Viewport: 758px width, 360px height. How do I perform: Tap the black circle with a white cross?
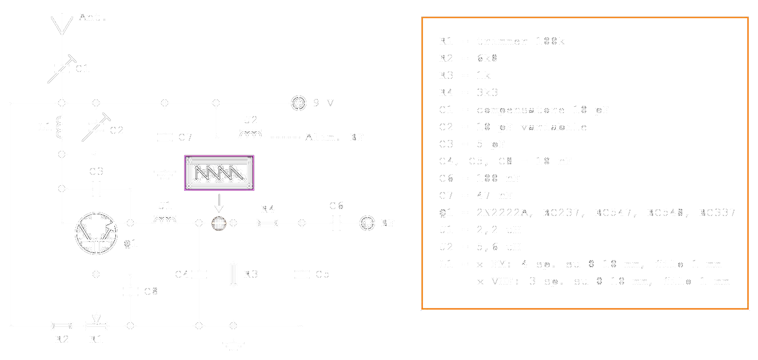(218, 223)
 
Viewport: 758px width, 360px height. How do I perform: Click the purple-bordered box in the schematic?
(219, 173)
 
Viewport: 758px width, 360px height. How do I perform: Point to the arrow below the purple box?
(218, 203)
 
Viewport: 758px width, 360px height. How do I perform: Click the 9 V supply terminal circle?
(298, 103)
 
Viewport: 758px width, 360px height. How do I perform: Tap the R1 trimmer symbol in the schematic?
(95, 325)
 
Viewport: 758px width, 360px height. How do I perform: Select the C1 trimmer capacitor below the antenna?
(61, 69)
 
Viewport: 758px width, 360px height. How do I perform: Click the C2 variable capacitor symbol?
(95, 128)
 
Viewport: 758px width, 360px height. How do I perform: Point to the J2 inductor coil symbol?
(250, 135)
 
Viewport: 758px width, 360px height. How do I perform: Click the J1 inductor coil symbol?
(165, 219)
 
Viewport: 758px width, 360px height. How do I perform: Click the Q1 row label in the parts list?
(445, 213)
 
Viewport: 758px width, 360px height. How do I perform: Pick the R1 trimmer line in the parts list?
(503, 41)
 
